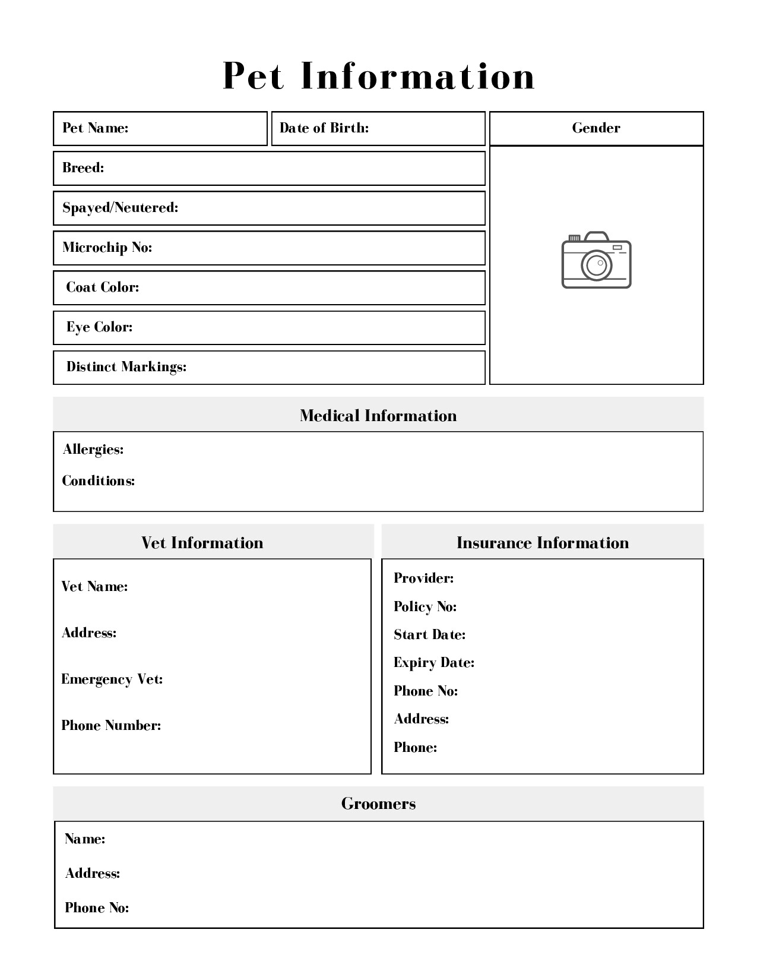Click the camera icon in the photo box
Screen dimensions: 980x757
[596, 260]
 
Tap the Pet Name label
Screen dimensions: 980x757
[96, 128]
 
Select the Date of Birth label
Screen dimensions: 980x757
[324, 128]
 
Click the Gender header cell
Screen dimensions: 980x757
[596, 128]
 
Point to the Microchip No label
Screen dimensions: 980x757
[107, 248]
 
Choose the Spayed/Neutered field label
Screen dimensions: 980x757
[121, 208]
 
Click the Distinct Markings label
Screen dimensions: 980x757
[126, 367]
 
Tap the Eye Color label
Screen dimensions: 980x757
[99, 327]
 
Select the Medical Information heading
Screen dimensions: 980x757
[378, 416]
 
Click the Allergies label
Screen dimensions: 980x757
[93, 450]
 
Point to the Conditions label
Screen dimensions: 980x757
[99, 481]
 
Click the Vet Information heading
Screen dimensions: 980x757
[202, 543]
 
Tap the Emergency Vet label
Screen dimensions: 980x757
[112, 679]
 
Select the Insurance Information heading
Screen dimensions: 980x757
[543, 543]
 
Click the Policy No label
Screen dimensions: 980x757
[425, 607]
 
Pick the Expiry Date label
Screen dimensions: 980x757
[434, 663]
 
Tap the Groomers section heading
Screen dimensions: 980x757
[378, 804]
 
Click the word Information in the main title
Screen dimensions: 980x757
[418, 76]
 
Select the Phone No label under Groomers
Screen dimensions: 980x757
[97, 908]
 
